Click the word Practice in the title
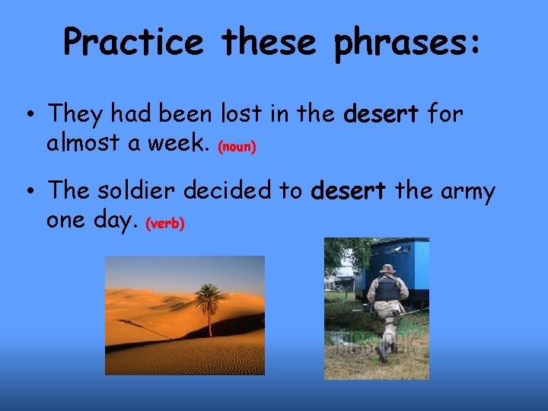[134, 42]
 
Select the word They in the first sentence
[78, 115]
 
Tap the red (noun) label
[237, 148]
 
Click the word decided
[241, 191]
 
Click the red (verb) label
[165, 225]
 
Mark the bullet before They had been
[27, 116]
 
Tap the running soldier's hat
[387, 269]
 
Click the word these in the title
[270, 42]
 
